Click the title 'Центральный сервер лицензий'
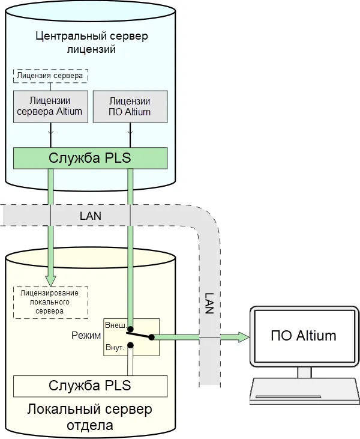pyautogui.click(x=92, y=43)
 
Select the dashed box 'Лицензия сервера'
pyautogui.click(x=50, y=76)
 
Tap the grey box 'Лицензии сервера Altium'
pyautogui.click(x=50, y=107)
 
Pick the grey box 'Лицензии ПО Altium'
pyautogui.click(x=130, y=107)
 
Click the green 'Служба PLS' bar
pyautogui.click(x=90, y=159)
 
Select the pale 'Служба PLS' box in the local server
pyautogui.click(x=90, y=385)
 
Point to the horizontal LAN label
pyautogui.click(x=91, y=215)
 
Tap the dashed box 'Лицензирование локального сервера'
pyautogui.click(x=50, y=302)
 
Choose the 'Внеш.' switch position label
pyautogui.click(x=115, y=325)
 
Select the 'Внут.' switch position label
pyautogui.click(x=115, y=347)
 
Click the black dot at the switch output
pyautogui.click(x=152, y=337)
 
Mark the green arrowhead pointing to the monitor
pyautogui.click(x=242, y=337)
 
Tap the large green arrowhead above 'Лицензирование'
pyautogui.click(x=50, y=279)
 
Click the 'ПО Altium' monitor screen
pyautogui.click(x=304, y=335)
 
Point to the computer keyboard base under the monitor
pyautogui.click(x=304, y=391)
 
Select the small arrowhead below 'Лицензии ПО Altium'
pyautogui.click(x=130, y=132)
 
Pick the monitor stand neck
pyautogui.click(x=304, y=372)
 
